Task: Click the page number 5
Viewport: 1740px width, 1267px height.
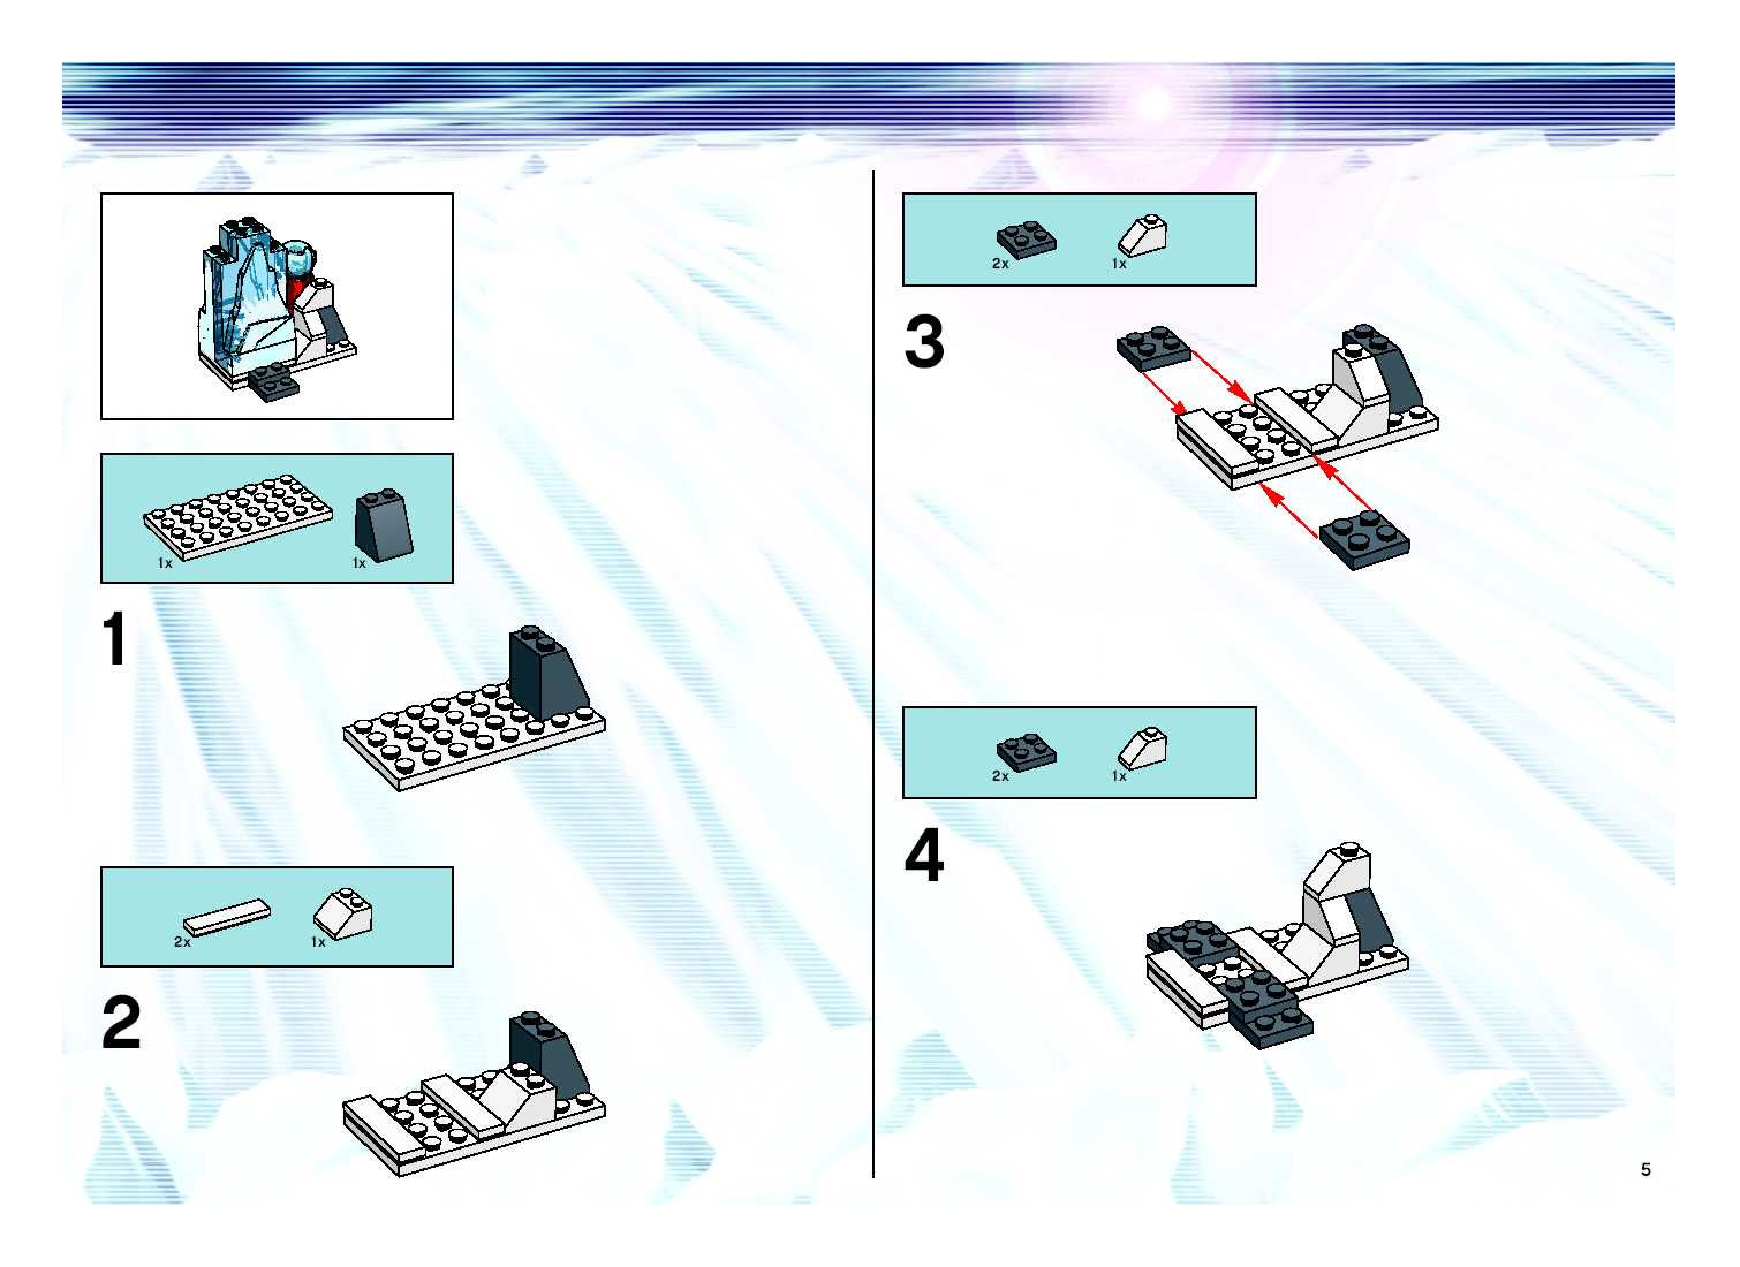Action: (1645, 1169)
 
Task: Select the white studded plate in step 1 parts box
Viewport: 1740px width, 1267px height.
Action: (238, 516)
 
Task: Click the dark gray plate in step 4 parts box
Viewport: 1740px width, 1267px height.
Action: (1026, 752)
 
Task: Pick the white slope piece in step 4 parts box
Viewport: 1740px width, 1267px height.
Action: (1143, 748)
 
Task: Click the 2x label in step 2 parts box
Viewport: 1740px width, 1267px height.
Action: (182, 942)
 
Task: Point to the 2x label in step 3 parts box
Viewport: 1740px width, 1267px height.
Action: (1000, 263)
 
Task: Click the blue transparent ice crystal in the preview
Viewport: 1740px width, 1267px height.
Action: (244, 299)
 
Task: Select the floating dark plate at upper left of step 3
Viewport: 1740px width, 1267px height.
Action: (1153, 349)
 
